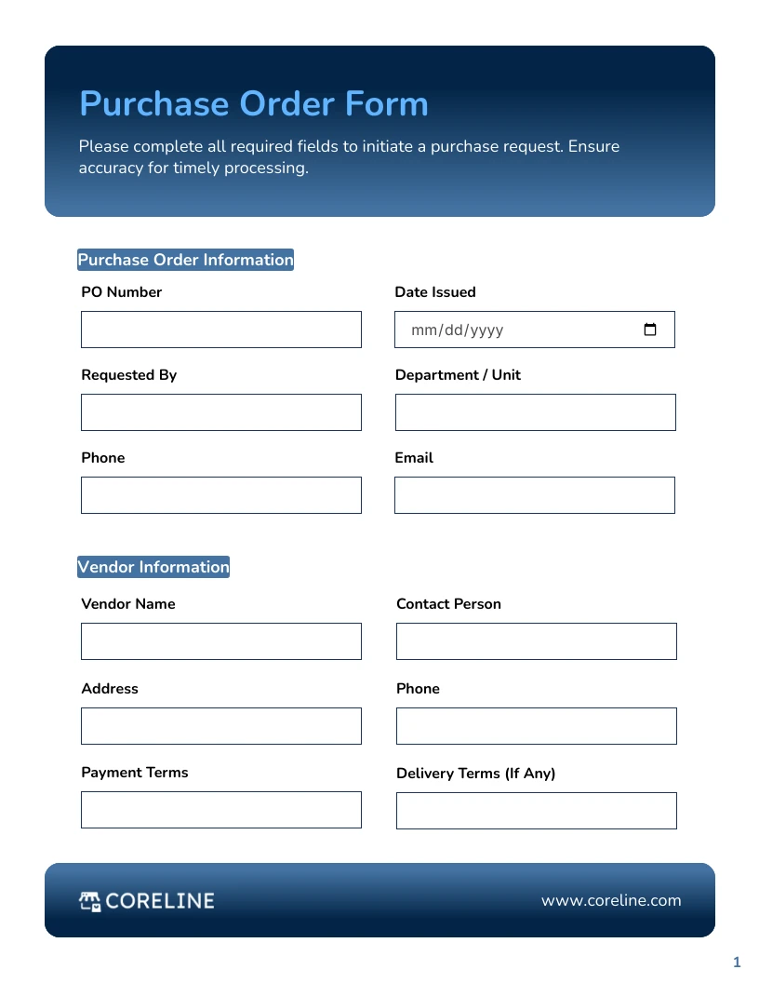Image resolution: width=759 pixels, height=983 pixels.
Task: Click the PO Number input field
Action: click(220, 330)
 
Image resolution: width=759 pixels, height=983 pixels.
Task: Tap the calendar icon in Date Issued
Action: click(650, 330)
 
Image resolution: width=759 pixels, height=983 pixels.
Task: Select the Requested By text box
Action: click(220, 412)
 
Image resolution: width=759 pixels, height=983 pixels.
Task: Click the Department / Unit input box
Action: click(535, 412)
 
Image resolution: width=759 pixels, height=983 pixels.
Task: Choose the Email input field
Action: click(534, 495)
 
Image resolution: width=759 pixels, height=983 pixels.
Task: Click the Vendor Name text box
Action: click(220, 641)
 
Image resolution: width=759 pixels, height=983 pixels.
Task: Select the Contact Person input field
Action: click(536, 641)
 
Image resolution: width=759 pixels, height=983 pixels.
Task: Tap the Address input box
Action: click(220, 726)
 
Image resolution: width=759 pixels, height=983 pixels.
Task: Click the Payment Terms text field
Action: click(220, 810)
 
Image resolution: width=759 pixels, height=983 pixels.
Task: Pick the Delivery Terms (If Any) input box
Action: click(536, 811)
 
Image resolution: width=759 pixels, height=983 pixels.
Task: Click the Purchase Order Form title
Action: click(254, 103)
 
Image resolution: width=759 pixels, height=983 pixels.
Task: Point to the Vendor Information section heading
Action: click(153, 567)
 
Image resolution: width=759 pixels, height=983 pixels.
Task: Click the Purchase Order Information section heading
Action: click(185, 260)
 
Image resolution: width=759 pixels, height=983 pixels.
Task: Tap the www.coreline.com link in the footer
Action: click(611, 900)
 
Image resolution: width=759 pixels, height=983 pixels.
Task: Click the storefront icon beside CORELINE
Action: click(90, 900)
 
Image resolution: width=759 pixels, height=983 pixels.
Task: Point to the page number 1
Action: click(737, 962)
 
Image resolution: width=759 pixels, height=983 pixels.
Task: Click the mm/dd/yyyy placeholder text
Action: click(457, 330)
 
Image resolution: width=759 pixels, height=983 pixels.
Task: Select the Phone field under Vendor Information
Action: click(536, 726)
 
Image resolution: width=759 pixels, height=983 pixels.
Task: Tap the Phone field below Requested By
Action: click(220, 495)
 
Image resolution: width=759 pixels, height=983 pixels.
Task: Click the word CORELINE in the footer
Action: click(160, 900)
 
